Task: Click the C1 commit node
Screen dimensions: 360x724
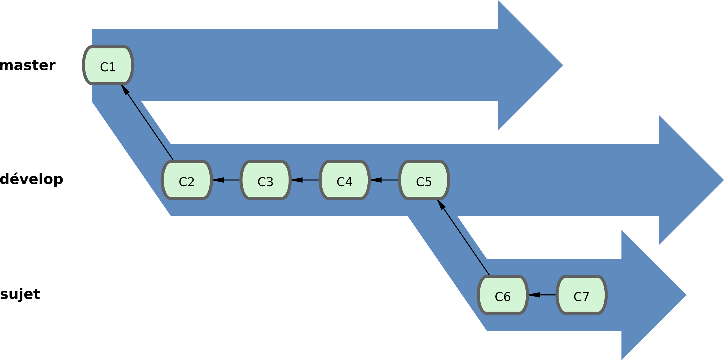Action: click(x=108, y=65)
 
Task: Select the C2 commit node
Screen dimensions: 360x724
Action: click(x=187, y=180)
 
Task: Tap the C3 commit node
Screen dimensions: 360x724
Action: click(x=265, y=180)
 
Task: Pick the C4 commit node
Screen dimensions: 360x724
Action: click(x=345, y=180)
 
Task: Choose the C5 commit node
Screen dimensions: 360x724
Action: click(x=424, y=180)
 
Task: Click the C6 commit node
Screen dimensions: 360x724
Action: click(x=503, y=295)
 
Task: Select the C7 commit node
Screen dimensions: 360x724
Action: click(x=582, y=295)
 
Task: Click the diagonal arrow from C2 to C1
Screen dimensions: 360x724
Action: click(x=147, y=122)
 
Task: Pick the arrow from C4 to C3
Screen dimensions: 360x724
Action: click(x=305, y=180)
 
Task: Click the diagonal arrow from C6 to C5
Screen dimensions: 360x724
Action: click(x=463, y=237)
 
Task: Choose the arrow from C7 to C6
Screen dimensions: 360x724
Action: click(x=542, y=295)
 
